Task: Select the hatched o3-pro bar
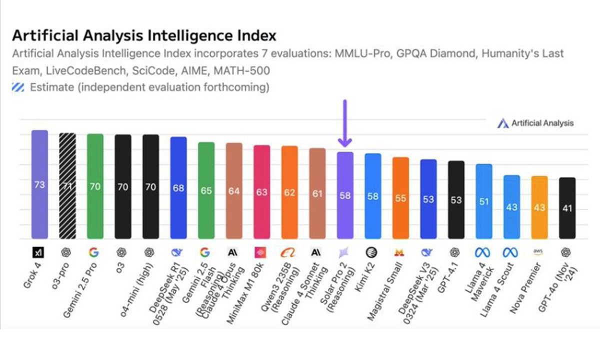tap(67, 185)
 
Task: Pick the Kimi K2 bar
tap(373, 196)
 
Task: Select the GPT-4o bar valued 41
tap(567, 207)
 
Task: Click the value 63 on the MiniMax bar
tap(261, 192)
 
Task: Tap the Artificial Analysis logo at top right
tap(536, 123)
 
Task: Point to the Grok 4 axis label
tap(34, 275)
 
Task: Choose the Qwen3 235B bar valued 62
tap(289, 192)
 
